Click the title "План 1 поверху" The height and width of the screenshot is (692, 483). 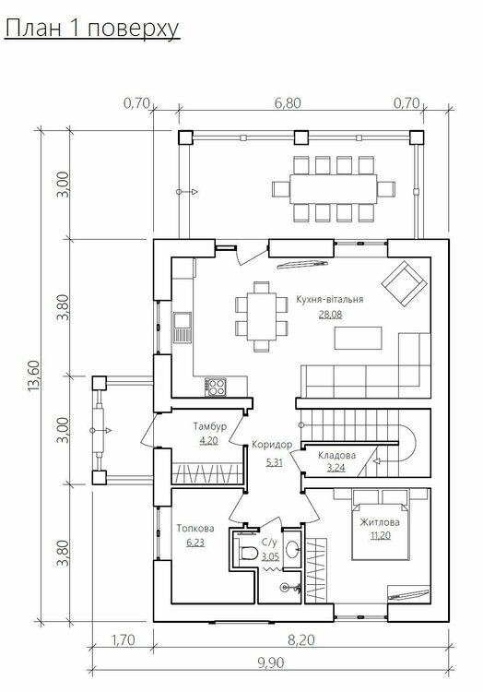click(92, 29)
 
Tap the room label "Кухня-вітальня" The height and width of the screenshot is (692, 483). click(330, 299)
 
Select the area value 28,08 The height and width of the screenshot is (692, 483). click(330, 315)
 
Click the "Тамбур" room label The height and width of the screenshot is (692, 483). click(210, 426)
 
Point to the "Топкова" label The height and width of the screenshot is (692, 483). click(195, 529)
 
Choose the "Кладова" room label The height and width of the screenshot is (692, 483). click(336, 456)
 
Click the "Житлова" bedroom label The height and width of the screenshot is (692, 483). click(380, 522)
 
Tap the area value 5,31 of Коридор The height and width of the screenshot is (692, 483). click(274, 462)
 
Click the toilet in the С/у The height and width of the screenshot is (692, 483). click(248, 553)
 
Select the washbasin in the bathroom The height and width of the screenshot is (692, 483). click(292, 549)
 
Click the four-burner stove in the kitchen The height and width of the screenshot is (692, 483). click(216, 387)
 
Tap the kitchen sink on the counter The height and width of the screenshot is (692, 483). click(182, 327)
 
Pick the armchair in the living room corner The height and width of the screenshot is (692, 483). click(405, 284)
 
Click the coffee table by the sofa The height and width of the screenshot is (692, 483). click(358, 338)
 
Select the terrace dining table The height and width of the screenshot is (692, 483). click(333, 189)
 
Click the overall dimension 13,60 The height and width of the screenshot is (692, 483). click(34, 376)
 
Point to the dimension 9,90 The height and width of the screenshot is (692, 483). click(271, 662)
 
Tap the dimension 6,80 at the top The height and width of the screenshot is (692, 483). click(288, 103)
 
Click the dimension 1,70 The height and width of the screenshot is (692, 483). click(123, 639)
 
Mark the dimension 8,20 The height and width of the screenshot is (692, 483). click(301, 639)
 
